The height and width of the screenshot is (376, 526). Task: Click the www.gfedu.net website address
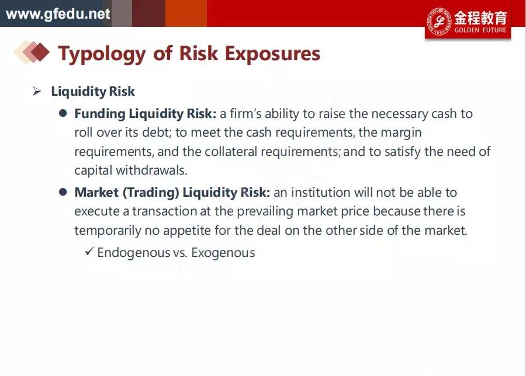(58, 14)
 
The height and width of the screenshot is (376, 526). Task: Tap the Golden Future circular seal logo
(439, 22)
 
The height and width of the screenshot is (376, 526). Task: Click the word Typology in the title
(102, 54)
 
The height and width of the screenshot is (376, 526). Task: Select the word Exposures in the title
(272, 54)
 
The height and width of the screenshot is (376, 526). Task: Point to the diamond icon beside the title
(32, 52)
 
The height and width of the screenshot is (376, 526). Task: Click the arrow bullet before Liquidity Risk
(37, 91)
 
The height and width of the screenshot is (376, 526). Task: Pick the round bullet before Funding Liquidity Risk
(63, 113)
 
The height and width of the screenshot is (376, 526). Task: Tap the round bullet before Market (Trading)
(63, 192)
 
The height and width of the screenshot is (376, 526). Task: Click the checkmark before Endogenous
(89, 251)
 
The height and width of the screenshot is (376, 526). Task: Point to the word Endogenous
(133, 253)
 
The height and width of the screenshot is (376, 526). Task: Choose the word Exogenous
(223, 253)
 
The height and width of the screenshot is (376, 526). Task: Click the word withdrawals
(151, 170)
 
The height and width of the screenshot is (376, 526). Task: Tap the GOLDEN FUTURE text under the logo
(480, 30)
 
